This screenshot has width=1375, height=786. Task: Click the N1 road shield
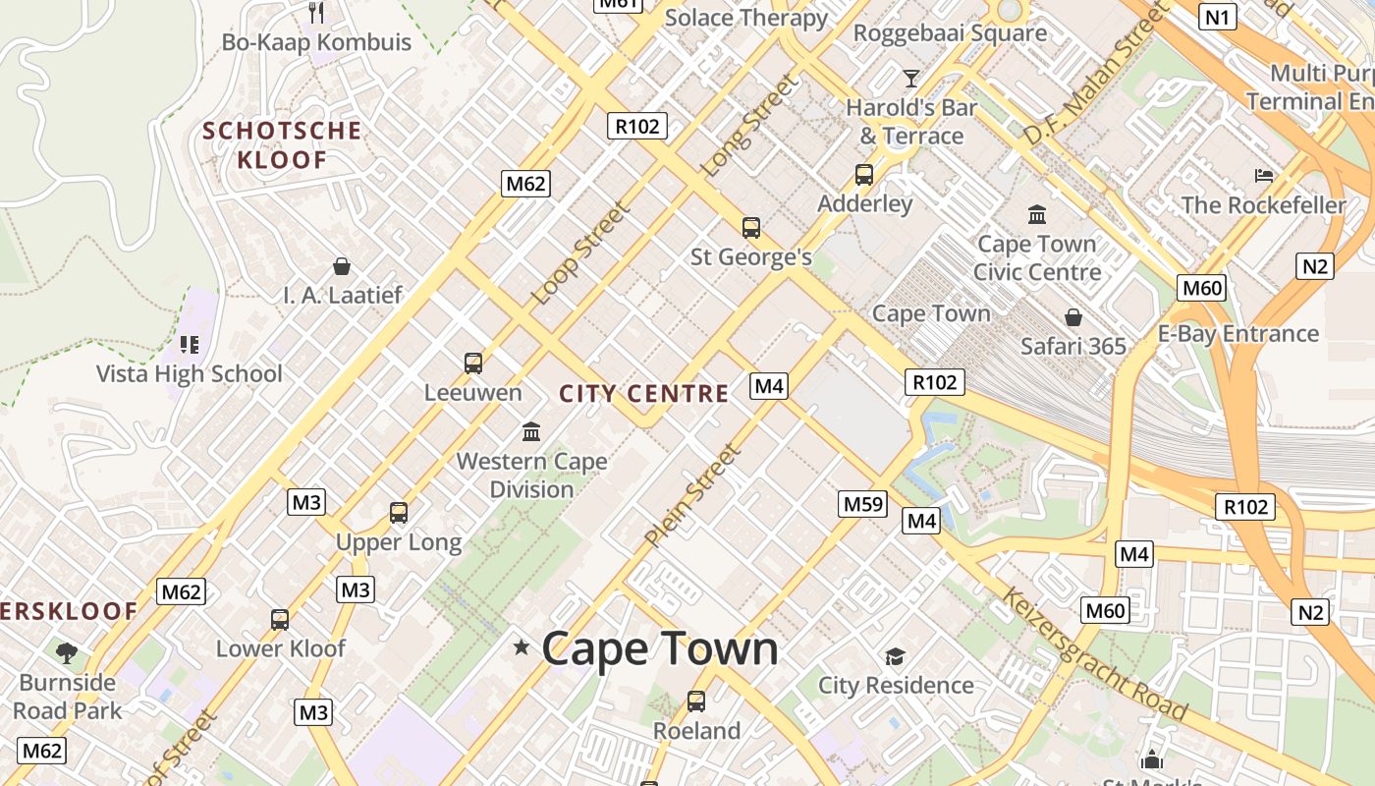click(x=1218, y=17)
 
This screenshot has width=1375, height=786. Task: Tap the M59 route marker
click(x=863, y=505)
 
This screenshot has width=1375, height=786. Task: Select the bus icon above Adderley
click(x=864, y=175)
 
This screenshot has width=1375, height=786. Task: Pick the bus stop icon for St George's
click(x=751, y=228)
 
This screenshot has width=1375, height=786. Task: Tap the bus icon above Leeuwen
click(x=473, y=364)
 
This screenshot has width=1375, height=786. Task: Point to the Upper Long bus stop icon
click(x=398, y=513)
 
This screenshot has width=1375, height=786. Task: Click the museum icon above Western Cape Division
click(x=531, y=431)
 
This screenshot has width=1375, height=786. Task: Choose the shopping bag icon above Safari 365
click(x=1073, y=317)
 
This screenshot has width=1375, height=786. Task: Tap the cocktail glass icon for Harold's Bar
click(x=911, y=78)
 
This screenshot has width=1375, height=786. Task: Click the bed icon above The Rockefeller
click(x=1264, y=176)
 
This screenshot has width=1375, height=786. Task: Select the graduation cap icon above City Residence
click(x=895, y=656)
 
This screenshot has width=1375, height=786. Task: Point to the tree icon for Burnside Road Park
click(x=67, y=652)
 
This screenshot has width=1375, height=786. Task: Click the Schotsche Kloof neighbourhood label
click(x=282, y=144)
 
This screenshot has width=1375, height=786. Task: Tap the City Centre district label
click(x=644, y=394)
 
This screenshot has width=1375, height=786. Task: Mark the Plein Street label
click(x=691, y=495)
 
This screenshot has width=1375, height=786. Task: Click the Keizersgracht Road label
click(x=1094, y=653)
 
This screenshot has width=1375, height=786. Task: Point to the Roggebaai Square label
click(x=950, y=33)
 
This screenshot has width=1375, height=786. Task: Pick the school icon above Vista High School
click(x=190, y=345)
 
